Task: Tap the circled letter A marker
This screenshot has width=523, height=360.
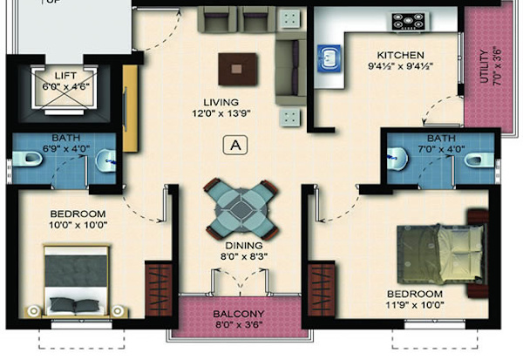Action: point(234,145)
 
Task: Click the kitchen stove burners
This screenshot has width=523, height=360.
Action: point(407,20)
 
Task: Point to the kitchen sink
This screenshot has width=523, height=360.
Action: point(329,58)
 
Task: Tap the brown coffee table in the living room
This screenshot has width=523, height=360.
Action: point(238,66)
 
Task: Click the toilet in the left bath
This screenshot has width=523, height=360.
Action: point(24,159)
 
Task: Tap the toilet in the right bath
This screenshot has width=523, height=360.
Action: point(475,159)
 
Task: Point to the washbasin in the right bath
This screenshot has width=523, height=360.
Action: point(400,158)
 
